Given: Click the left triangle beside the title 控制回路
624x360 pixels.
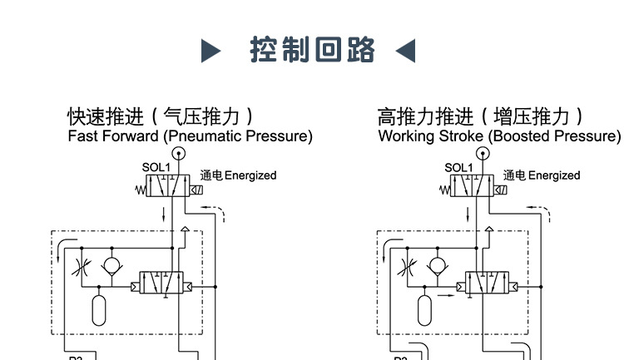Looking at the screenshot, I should pos(212,52).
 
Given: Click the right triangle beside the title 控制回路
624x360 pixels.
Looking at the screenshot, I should pos(405,52).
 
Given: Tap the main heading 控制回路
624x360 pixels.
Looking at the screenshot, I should pos(312,51).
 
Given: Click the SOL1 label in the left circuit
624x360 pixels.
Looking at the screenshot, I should pos(156,167).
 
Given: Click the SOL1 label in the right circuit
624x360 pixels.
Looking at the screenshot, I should pos(458,167).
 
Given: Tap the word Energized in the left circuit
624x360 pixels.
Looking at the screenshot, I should pos(250,175).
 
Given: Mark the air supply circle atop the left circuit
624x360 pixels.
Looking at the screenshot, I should pos(177,153).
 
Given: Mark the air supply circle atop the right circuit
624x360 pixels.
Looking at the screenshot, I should pos(481,153).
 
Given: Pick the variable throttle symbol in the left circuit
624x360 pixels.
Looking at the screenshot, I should pos(81,268).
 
